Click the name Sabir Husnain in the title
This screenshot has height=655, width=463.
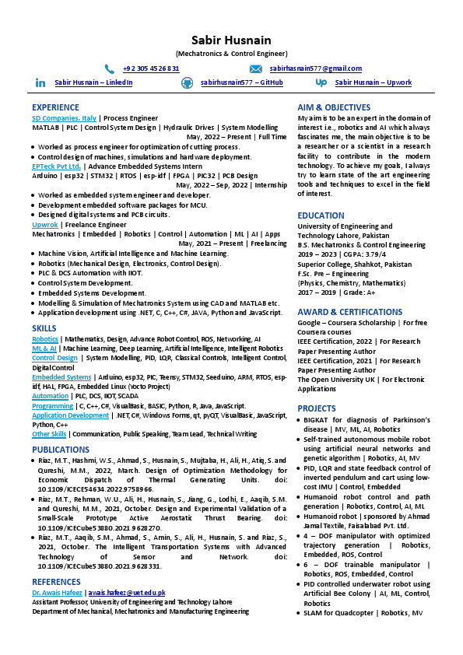[231, 40]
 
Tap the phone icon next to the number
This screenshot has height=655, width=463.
[110, 68]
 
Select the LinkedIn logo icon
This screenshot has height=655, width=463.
[40, 82]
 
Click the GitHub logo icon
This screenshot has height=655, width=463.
[187, 82]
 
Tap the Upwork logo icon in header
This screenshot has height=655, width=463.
[321, 82]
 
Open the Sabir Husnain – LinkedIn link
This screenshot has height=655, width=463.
[93, 82]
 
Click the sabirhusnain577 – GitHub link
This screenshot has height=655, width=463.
[241, 82]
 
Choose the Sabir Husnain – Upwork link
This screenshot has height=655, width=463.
[374, 82]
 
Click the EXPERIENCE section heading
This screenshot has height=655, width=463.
[55, 107]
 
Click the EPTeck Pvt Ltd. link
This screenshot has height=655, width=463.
[56, 166]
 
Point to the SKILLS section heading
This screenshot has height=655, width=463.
[44, 328]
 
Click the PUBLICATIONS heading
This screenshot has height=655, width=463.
[61, 450]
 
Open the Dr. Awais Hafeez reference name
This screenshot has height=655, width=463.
[58, 593]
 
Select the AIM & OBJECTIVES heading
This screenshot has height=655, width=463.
[334, 107]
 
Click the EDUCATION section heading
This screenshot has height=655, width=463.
[321, 215]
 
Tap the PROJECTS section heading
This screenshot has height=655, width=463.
[317, 408]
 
